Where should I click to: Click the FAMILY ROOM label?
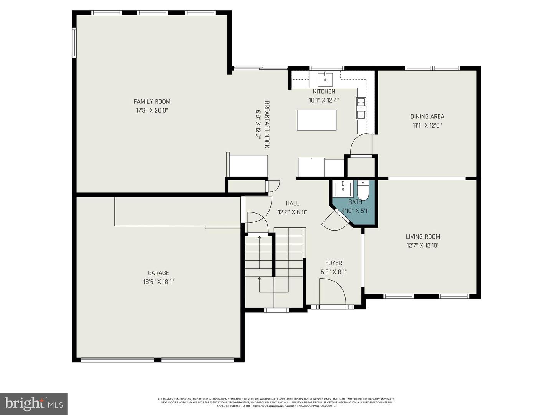click(152, 101)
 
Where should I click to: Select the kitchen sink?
click(325, 80)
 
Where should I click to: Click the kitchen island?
click(316, 120)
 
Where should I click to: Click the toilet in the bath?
click(363, 190)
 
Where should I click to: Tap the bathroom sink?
click(343, 189)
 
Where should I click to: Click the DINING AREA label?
click(427, 116)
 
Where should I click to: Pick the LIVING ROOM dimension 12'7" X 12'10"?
click(422, 246)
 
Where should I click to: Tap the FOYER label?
click(333, 263)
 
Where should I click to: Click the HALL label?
click(292, 203)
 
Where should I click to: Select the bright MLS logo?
click(34, 403)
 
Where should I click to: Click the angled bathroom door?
click(335, 221)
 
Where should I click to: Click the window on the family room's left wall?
click(75, 43)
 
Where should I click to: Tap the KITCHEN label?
click(324, 91)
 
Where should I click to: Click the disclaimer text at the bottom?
click(276, 402)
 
